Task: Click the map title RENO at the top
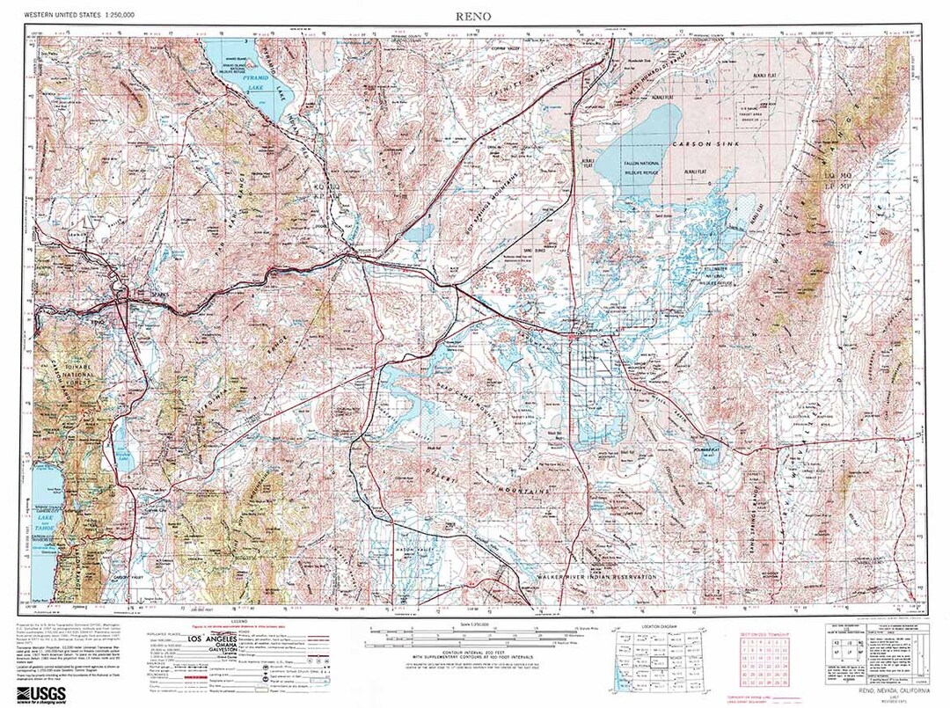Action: (473, 16)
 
